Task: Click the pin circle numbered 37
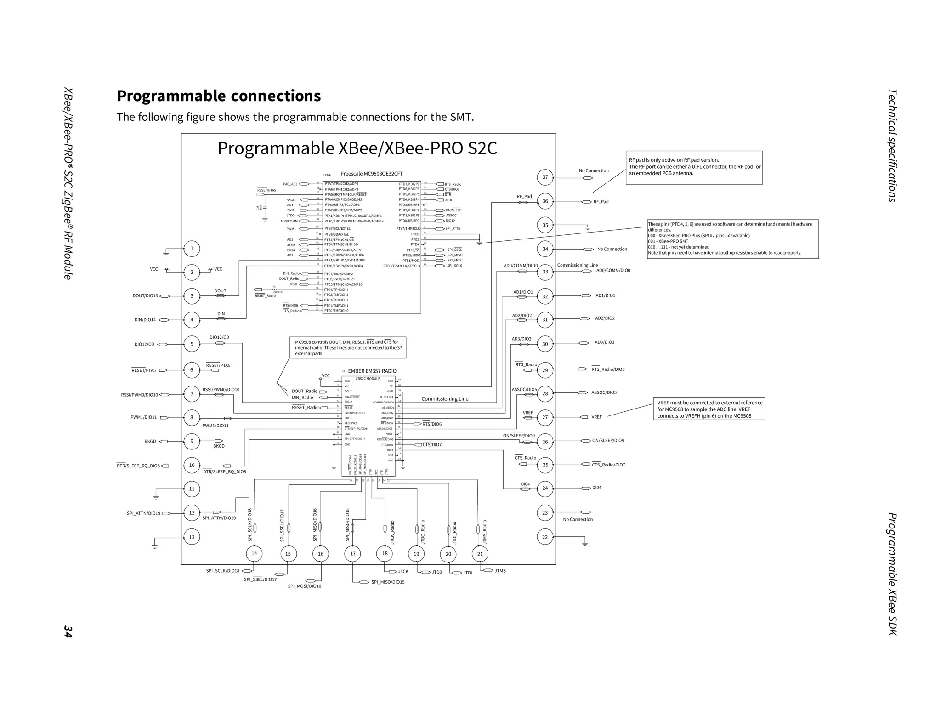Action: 545,177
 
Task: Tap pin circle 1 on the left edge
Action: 192,249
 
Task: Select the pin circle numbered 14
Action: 254,553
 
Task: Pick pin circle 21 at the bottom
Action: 480,554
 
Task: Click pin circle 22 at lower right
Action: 545,537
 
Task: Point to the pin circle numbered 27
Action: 545,417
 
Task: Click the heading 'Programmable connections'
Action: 219,96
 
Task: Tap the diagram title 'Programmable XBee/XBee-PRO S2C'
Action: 357,148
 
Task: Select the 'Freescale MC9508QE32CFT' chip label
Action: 372,174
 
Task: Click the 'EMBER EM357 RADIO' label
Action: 372,371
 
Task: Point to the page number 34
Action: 68,631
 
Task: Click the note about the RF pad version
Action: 694,167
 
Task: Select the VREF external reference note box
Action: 709,409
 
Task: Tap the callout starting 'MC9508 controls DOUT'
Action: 348,348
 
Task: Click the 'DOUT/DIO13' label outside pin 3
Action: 145,296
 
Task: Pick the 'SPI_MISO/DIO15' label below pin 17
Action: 388,582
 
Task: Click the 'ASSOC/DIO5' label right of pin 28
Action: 604,392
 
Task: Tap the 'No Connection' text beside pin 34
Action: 612,249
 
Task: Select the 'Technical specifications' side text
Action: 892,145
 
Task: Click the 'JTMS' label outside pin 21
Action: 500,571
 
